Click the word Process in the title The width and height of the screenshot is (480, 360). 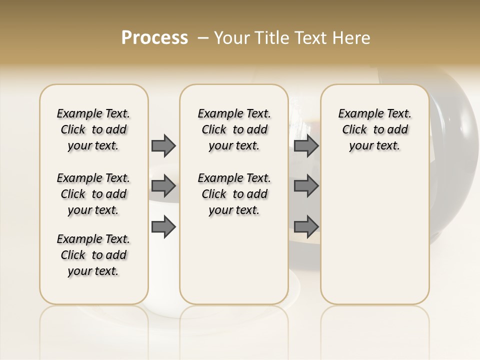(154, 37)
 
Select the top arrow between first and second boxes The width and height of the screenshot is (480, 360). (163, 145)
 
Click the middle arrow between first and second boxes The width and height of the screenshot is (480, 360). (163, 186)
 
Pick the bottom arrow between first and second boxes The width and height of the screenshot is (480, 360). (163, 226)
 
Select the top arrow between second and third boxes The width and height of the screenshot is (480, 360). (306, 145)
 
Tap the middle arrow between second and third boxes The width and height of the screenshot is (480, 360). (306, 186)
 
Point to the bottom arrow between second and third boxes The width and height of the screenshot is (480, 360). (306, 226)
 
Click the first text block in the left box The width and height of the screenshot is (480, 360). (93, 129)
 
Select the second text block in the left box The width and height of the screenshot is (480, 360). (93, 194)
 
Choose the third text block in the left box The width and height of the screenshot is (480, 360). (93, 255)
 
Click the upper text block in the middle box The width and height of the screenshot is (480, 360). (234, 129)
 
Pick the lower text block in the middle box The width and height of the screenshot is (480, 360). (234, 194)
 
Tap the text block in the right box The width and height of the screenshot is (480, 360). (374, 129)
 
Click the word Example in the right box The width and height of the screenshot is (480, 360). (357, 114)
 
